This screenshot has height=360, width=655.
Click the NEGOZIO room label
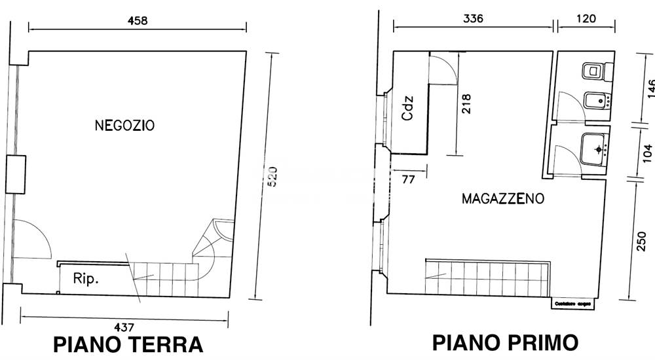(124, 125)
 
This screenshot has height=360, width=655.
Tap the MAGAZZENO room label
(502, 199)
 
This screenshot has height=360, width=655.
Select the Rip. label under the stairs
(86, 279)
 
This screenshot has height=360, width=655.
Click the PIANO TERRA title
(128, 344)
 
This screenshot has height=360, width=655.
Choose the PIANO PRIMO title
(504, 342)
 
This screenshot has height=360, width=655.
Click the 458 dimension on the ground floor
(138, 20)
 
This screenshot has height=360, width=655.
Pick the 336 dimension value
(472, 18)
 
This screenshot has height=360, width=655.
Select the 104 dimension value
(647, 153)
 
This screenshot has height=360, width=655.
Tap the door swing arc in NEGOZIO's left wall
(33, 239)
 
